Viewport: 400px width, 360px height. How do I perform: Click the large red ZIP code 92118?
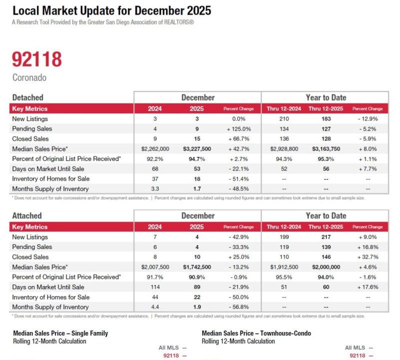[x=37, y=59]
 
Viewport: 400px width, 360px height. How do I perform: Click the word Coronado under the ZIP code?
[x=30, y=78]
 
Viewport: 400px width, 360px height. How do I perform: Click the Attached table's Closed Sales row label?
[x=30, y=257]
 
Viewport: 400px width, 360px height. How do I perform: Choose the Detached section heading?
[x=27, y=97]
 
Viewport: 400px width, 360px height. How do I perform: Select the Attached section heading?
[x=27, y=215]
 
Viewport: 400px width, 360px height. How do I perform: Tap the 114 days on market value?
[x=155, y=287]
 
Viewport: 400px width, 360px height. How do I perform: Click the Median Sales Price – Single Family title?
[x=60, y=333]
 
